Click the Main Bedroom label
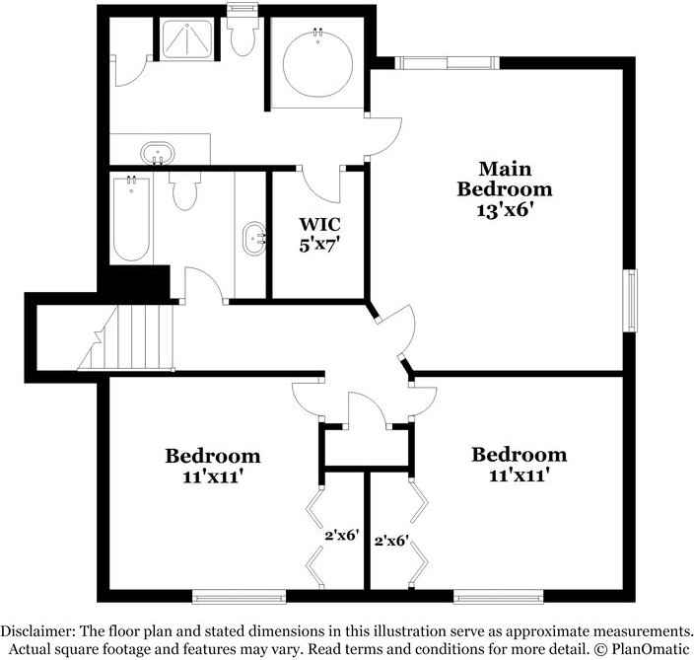point(505,179)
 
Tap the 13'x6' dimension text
point(503,210)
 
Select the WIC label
point(319,224)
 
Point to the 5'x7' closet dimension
point(319,245)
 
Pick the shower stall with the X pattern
point(186,38)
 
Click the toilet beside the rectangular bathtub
point(184,190)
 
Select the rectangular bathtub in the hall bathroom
point(131,218)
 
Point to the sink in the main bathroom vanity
point(158,154)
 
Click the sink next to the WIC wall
point(253,239)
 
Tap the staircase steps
point(126,337)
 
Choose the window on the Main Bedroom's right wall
point(630,300)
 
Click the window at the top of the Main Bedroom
point(447,63)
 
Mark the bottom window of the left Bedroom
point(239,597)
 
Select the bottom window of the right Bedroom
point(499,597)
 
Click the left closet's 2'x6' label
point(341,536)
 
